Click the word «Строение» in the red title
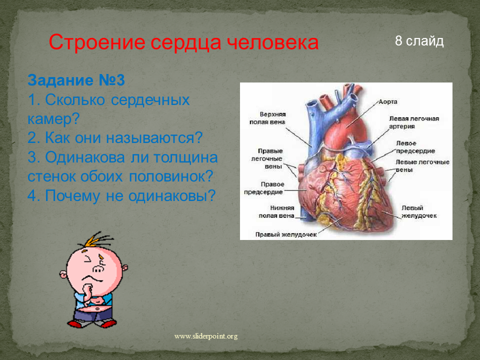[x=96, y=42]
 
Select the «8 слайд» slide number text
[x=419, y=40]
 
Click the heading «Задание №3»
[x=76, y=80]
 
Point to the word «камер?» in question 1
[x=53, y=118]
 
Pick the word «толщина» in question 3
[x=185, y=157]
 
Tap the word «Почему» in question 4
[x=72, y=196]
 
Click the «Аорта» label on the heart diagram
[x=388, y=101]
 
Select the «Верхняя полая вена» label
[x=267, y=118]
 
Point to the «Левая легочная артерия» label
[x=414, y=122]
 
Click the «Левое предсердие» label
[x=415, y=147]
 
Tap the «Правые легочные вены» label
[x=267, y=158]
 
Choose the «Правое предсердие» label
[x=263, y=188]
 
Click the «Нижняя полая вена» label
[x=276, y=212]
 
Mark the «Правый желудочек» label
[x=286, y=234]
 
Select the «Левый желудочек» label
[x=419, y=212]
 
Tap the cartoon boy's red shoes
[x=92, y=323]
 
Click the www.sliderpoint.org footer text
[x=206, y=336]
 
